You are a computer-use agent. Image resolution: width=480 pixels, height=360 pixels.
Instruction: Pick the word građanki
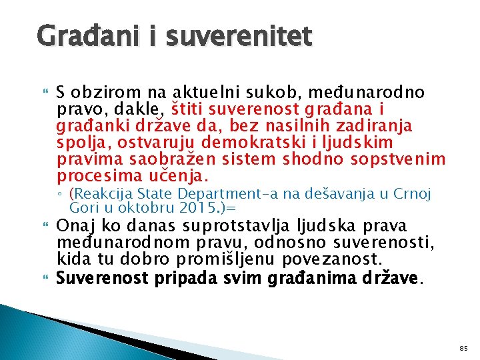[92, 126]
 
